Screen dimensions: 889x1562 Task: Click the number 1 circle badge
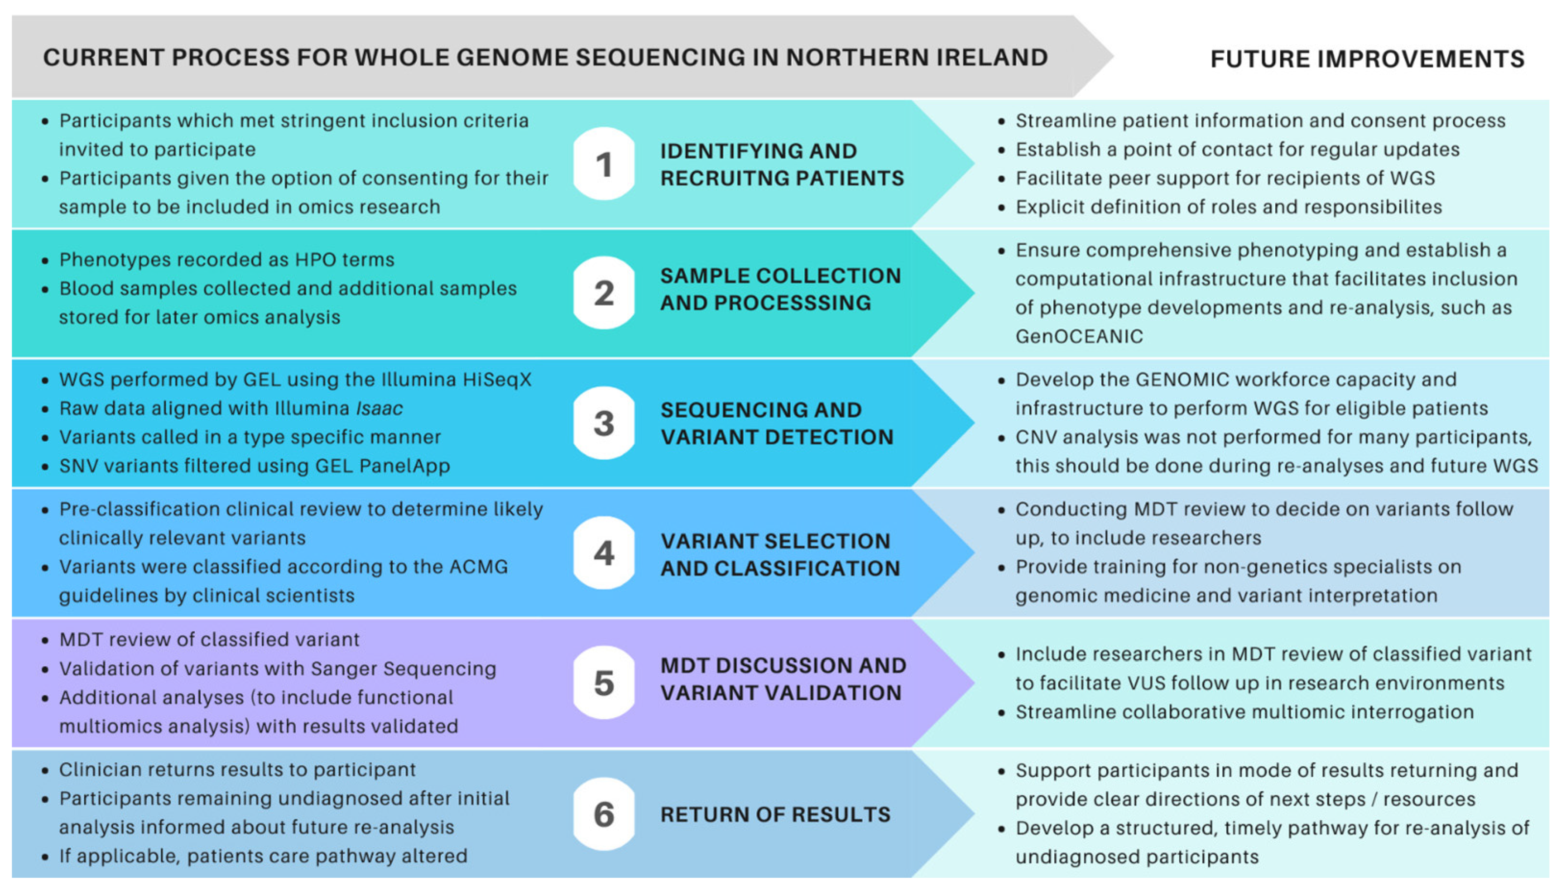point(604,164)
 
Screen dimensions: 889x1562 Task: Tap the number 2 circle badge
point(604,293)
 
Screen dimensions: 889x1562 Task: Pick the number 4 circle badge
point(604,553)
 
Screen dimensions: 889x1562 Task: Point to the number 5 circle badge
point(604,683)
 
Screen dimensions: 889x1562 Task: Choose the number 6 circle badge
point(604,814)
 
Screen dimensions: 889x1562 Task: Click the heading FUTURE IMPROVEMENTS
point(1367,59)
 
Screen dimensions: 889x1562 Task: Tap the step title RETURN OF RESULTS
point(775,814)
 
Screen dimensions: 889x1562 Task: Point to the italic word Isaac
point(379,408)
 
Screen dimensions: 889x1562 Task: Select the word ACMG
point(478,567)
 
